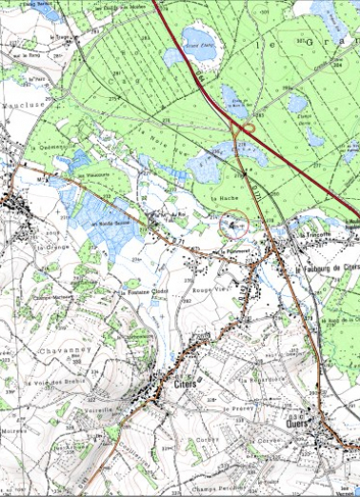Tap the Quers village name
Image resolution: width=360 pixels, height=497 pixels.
(x=303, y=421)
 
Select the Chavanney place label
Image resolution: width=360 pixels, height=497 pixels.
(x=38, y=350)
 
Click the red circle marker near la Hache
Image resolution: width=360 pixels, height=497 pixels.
(x=234, y=224)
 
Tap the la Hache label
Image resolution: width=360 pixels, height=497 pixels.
(x=229, y=196)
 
